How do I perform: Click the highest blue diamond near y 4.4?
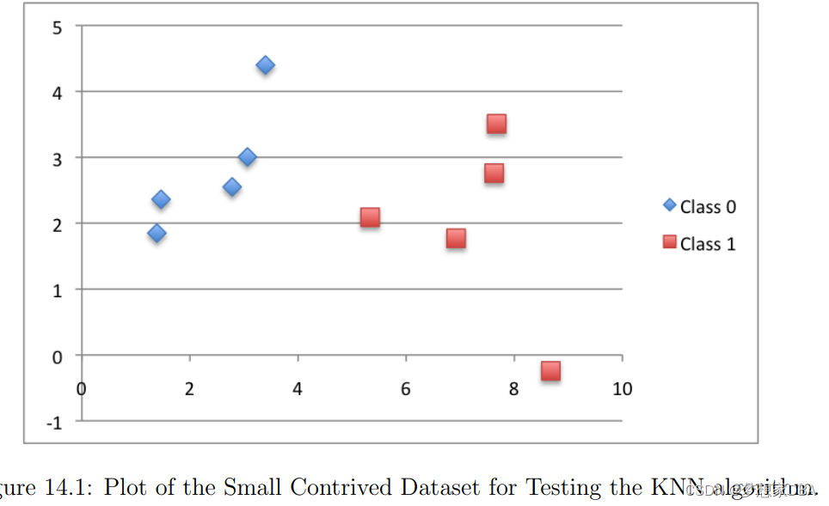[265, 65]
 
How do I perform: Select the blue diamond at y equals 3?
[247, 157]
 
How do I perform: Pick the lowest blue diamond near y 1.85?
[157, 233]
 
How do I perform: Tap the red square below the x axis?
[550, 370]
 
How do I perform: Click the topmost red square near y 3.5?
[496, 124]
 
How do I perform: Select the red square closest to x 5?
[370, 217]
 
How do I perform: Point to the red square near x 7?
[456, 238]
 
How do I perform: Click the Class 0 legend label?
[707, 207]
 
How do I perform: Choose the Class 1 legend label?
[707, 244]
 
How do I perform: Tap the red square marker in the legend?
[669, 243]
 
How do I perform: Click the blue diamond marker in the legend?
[669, 206]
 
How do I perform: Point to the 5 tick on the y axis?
[58, 27]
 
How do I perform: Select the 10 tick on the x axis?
[622, 389]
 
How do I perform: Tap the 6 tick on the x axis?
[405, 389]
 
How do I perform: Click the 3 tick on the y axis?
[58, 158]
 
